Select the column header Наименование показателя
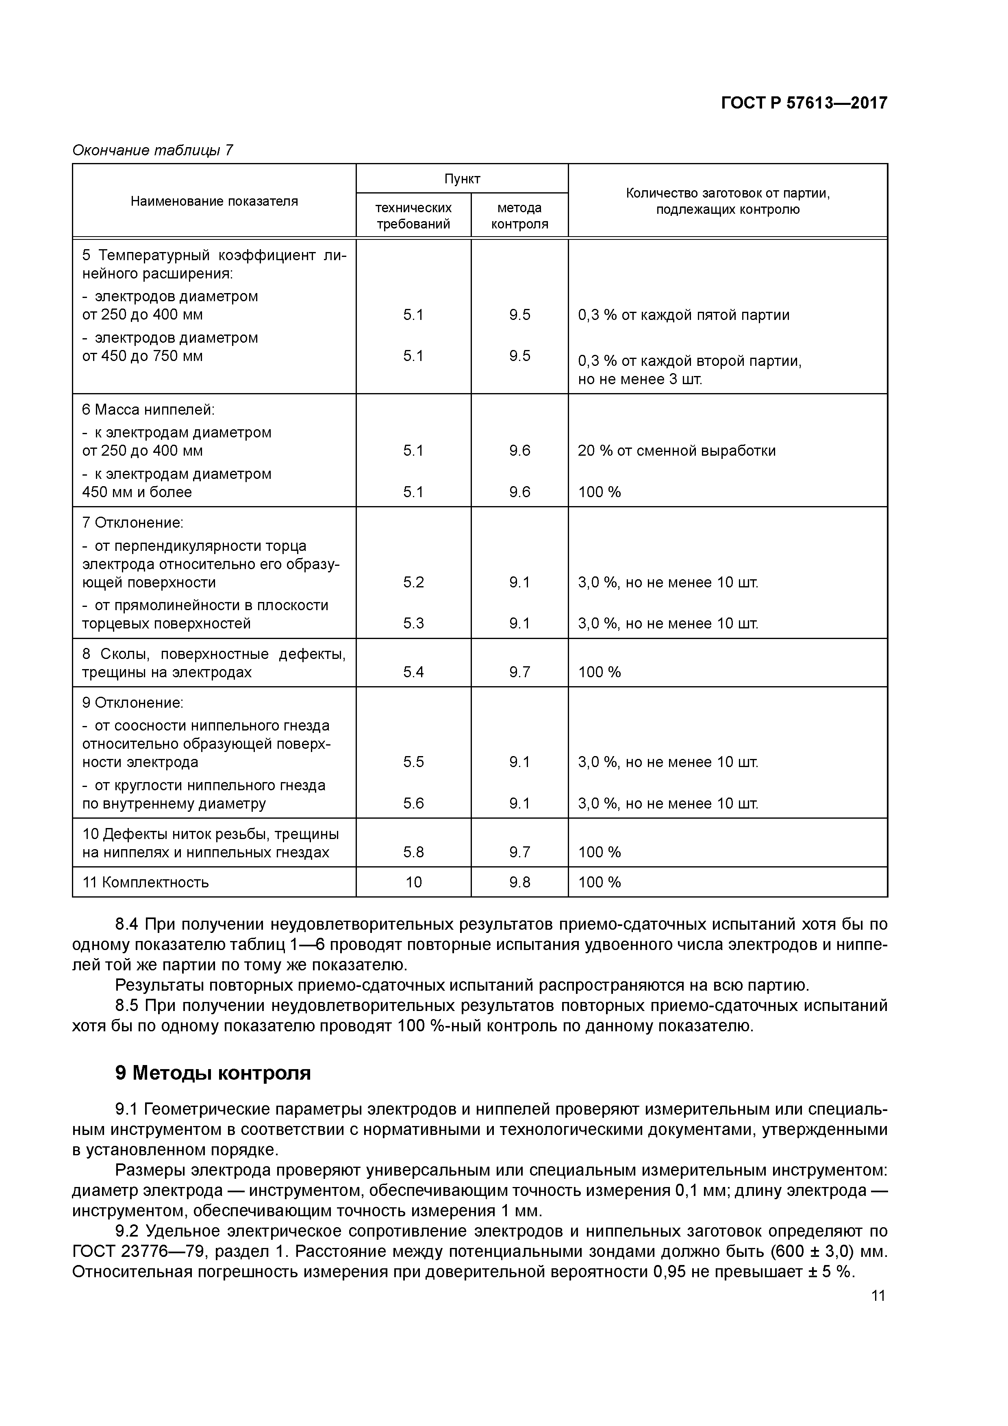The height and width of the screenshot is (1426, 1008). coord(214,201)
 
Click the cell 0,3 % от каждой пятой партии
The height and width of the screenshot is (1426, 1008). coord(683,315)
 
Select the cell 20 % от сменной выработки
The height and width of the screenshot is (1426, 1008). coord(676,450)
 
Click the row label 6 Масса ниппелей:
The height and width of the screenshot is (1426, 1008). coord(148,410)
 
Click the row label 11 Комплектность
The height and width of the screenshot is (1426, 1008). coord(146,882)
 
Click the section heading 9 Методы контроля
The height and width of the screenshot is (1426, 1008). coord(213,1073)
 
